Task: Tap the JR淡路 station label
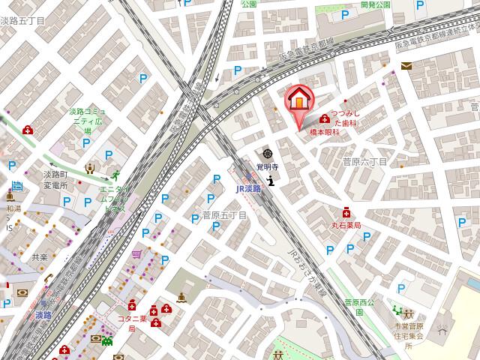(x=248, y=189)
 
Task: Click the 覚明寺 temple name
(x=267, y=166)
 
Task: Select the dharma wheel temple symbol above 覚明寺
(x=267, y=154)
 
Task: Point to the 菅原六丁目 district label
(x=364, y=162)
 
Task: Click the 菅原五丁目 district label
(x=224, y=215)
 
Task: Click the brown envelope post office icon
(x=406, y=66)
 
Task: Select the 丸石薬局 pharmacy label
(x=346, y=225)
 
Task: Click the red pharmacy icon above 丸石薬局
(x=346, y=212)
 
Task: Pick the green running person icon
(x=115, y=175)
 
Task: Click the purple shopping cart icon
(x=136, y=255)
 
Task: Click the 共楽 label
(x=39, y=256)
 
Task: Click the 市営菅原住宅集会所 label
(x=409, y=335)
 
